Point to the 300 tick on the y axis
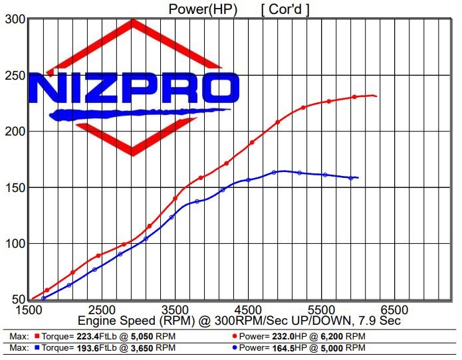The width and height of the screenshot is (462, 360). pyautogui.click(x=14, y=20)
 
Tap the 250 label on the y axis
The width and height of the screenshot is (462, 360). pyautogui.click(x=14, y=76)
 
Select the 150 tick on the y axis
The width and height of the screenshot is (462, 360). pyautogui.click(x=14, y=188)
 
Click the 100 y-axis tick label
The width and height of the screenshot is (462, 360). pyautogui.click(x=14, y=244)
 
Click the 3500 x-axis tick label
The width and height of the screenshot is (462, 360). pyautogui.click(x=175, y=310)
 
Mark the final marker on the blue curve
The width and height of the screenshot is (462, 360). pyautogui.click(x=351, y=177)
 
